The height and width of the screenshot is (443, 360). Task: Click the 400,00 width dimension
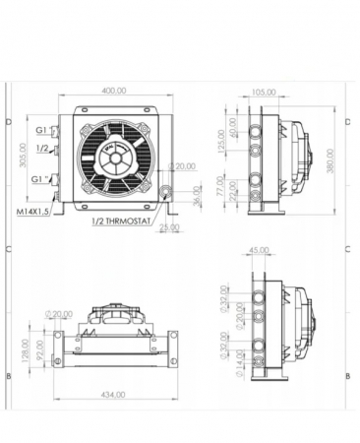pyautogui.click(x=114, y=91)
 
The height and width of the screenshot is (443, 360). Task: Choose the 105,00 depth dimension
pyautogui.click(x=264, y=92)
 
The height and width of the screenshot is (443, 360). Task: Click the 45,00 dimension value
pyautogui.click(x=258, y=250)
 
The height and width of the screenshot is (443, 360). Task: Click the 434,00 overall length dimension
pyautogui.click(x=114, y=395)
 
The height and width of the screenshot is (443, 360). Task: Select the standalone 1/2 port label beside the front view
pyautogui.click(x=42, y=148)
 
